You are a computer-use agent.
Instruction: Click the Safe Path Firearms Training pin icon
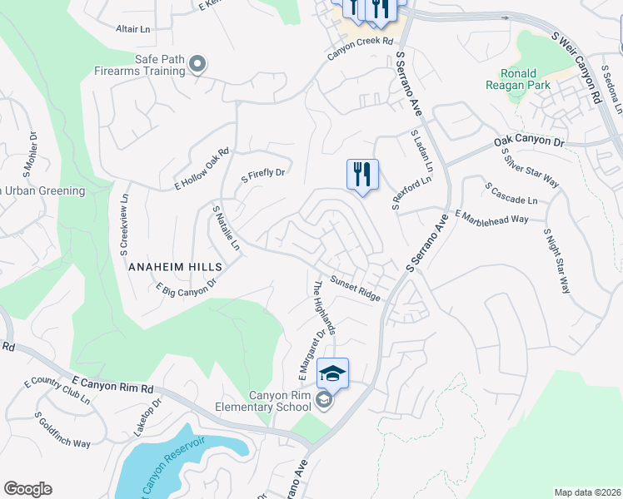(x=197, y=64)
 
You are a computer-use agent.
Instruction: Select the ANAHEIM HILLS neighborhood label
(x=175, y=266)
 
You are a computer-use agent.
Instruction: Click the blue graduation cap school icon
(x=332, y=374)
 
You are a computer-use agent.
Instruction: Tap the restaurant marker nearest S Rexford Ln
(x=362, y=175)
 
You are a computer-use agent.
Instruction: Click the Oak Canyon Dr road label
(x=529, y=141)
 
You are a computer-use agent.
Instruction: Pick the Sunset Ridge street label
(x=355, y=288)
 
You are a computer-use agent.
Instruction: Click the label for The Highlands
(x=323, y=307)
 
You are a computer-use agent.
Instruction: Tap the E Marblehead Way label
(x=492, y=215)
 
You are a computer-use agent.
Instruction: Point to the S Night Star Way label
(x=556, y=261)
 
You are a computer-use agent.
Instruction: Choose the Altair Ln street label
(x=132, y=28)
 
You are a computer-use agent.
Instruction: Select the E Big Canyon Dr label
(x=187, y=285)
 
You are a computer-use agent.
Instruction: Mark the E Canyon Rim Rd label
(x=113, y=384)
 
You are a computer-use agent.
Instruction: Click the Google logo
(x=27, y=489)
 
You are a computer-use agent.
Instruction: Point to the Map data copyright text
(x=587, y=492)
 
